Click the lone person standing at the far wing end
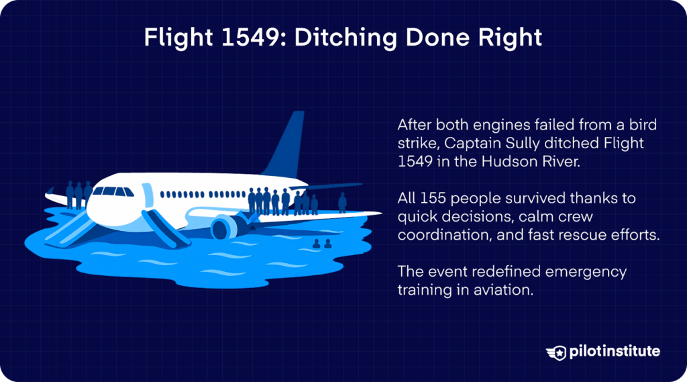click(x=342, y=201)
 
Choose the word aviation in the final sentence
click(x=494, y=291)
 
